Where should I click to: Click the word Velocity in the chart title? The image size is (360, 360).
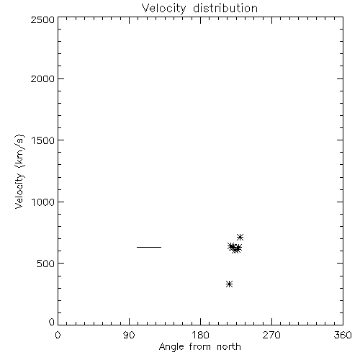163,9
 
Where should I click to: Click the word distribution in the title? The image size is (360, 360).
225,8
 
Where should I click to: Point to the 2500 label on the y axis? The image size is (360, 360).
42,19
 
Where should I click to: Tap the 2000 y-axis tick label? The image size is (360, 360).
42,78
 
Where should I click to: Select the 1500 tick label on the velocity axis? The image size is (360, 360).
43,140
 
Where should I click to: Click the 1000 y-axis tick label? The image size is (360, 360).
43,202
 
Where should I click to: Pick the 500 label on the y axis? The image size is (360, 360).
46,264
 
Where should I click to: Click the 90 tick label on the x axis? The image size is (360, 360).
129,335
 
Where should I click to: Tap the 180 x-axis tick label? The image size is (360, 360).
200,335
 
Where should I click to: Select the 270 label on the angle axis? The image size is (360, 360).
271,335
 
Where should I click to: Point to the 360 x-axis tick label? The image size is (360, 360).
343,335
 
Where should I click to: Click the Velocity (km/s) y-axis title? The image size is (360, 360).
19,171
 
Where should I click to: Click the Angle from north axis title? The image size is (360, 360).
200,347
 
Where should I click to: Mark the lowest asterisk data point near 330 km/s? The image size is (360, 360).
230,284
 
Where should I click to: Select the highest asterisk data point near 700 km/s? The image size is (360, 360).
240,238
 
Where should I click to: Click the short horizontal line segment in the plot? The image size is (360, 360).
149,247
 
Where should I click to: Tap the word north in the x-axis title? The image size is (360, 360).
229,346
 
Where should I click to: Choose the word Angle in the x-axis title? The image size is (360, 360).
171,347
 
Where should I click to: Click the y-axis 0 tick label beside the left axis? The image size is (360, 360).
52,322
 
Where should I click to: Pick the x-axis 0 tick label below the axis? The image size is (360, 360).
58,335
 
